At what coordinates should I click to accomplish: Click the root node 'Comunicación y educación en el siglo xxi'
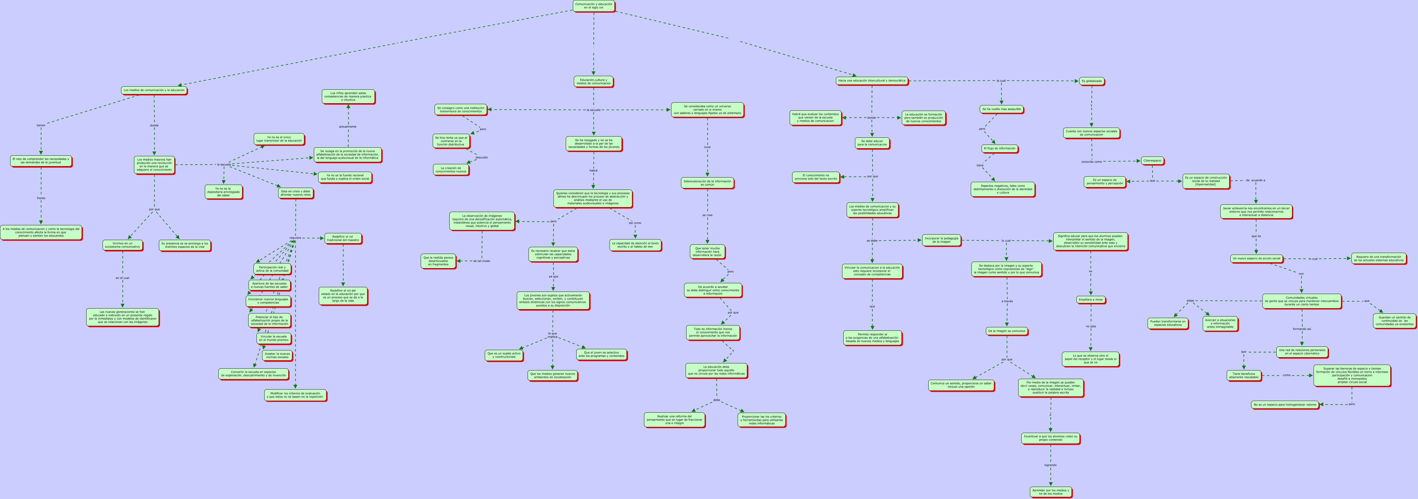(x=594, y=6)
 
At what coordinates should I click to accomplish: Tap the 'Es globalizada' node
(x=1092, y=81)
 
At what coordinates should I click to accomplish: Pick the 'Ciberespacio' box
(x=1152, y=161)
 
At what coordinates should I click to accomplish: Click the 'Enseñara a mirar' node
(x=1091, y=300)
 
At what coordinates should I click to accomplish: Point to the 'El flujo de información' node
(x=1000, y=148)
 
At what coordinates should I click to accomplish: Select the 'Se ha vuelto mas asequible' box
(x=1001, y=109)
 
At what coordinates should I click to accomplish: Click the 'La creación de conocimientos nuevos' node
(x=451, y=170)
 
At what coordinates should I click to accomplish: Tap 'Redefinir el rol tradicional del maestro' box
(x=343, y=239)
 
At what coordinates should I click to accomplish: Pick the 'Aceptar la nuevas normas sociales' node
(x=277, y=355)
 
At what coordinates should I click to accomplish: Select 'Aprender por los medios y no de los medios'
(x=1050, y=491)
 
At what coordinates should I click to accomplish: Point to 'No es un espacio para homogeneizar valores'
(x=1285, y=404)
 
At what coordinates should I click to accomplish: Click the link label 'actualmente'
(x=347, y=127)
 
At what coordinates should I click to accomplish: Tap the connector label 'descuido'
(x=481, y=157)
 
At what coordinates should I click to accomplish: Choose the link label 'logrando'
(x=1050, y=465)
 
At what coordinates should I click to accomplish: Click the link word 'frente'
(x=41, y=198)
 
